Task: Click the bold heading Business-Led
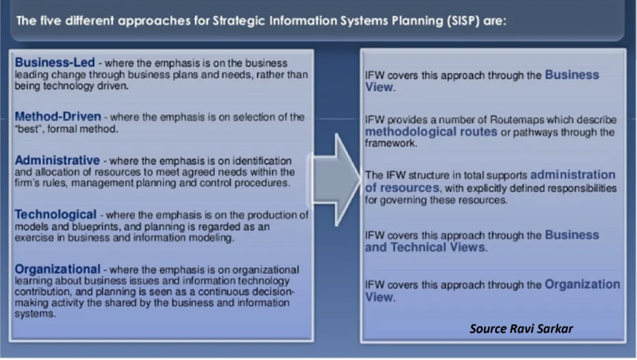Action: [x=51, y=62]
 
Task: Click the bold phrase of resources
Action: [x=404, y=187]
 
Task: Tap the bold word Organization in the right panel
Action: [x=583, y=284]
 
